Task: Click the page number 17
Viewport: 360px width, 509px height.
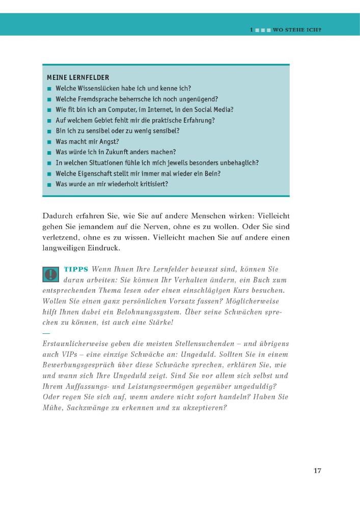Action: (317, 470)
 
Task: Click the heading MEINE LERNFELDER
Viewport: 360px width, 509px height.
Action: (78, 77)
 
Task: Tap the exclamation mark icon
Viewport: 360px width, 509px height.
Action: (50, 274)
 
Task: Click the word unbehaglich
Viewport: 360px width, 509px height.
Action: (237, 163)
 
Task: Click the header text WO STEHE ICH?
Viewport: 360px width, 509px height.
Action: (297, 30)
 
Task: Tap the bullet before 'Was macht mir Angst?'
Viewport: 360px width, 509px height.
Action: (49, 142)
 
